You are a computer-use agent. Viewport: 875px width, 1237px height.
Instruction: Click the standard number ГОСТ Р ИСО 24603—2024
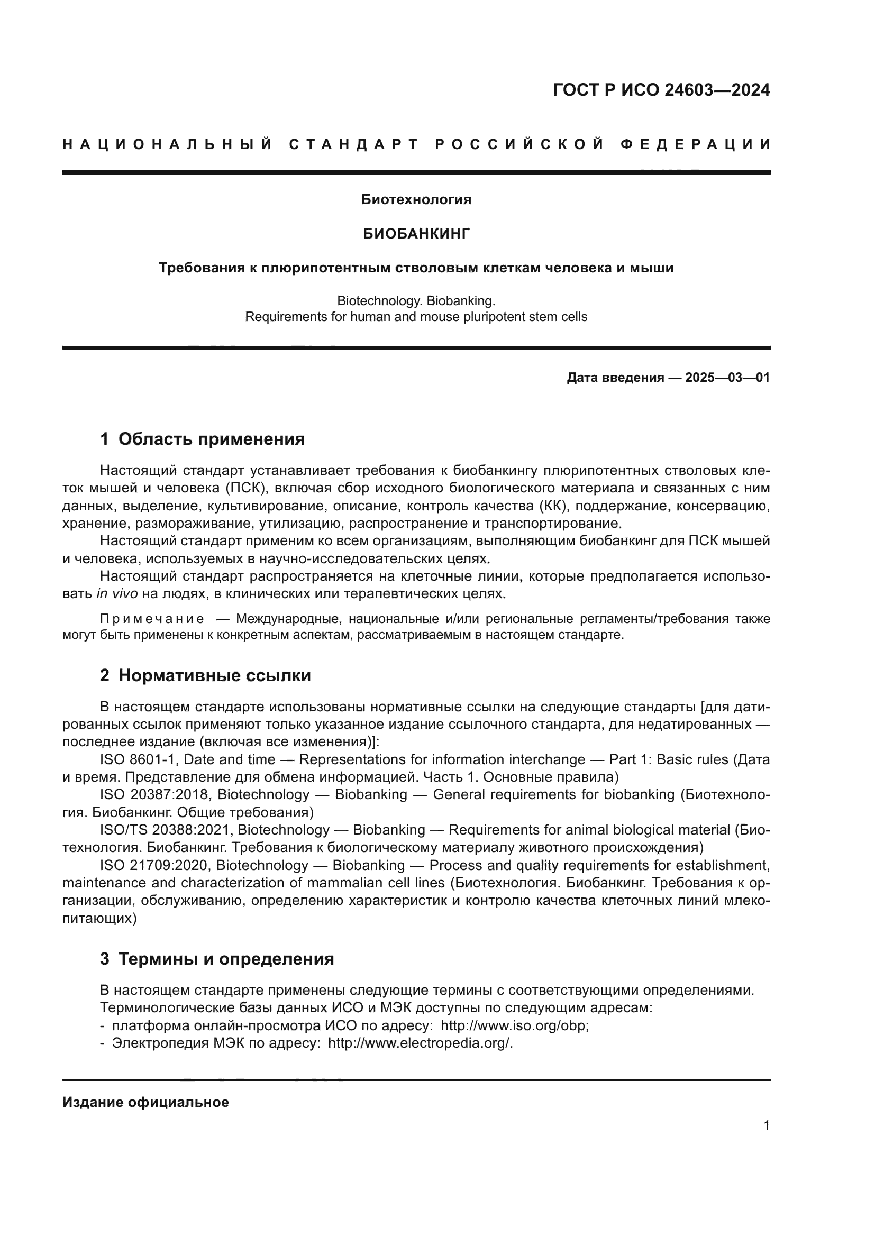point(661,90)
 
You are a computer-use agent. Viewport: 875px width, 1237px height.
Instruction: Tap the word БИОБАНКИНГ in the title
point(416,233)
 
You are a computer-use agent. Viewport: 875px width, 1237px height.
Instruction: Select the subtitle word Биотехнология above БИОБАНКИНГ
point(416,200)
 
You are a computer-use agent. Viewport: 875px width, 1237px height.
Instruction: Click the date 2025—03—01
point(727,378)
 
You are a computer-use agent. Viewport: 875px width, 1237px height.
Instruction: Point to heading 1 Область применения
point(202,439)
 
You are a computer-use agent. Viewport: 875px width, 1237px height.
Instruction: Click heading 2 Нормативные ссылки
point(205,675)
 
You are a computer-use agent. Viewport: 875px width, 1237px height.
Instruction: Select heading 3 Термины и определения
point(216,959)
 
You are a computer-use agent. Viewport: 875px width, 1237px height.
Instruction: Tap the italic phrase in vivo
point(117,594)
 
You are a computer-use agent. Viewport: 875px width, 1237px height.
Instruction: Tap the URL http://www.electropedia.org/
point(420,1043)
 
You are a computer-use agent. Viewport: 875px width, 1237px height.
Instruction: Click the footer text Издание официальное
point(145,1102)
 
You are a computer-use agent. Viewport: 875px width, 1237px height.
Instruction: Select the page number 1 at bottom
point(766,1125)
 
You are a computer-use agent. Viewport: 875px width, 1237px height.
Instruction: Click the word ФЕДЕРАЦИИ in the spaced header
point(696,144)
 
